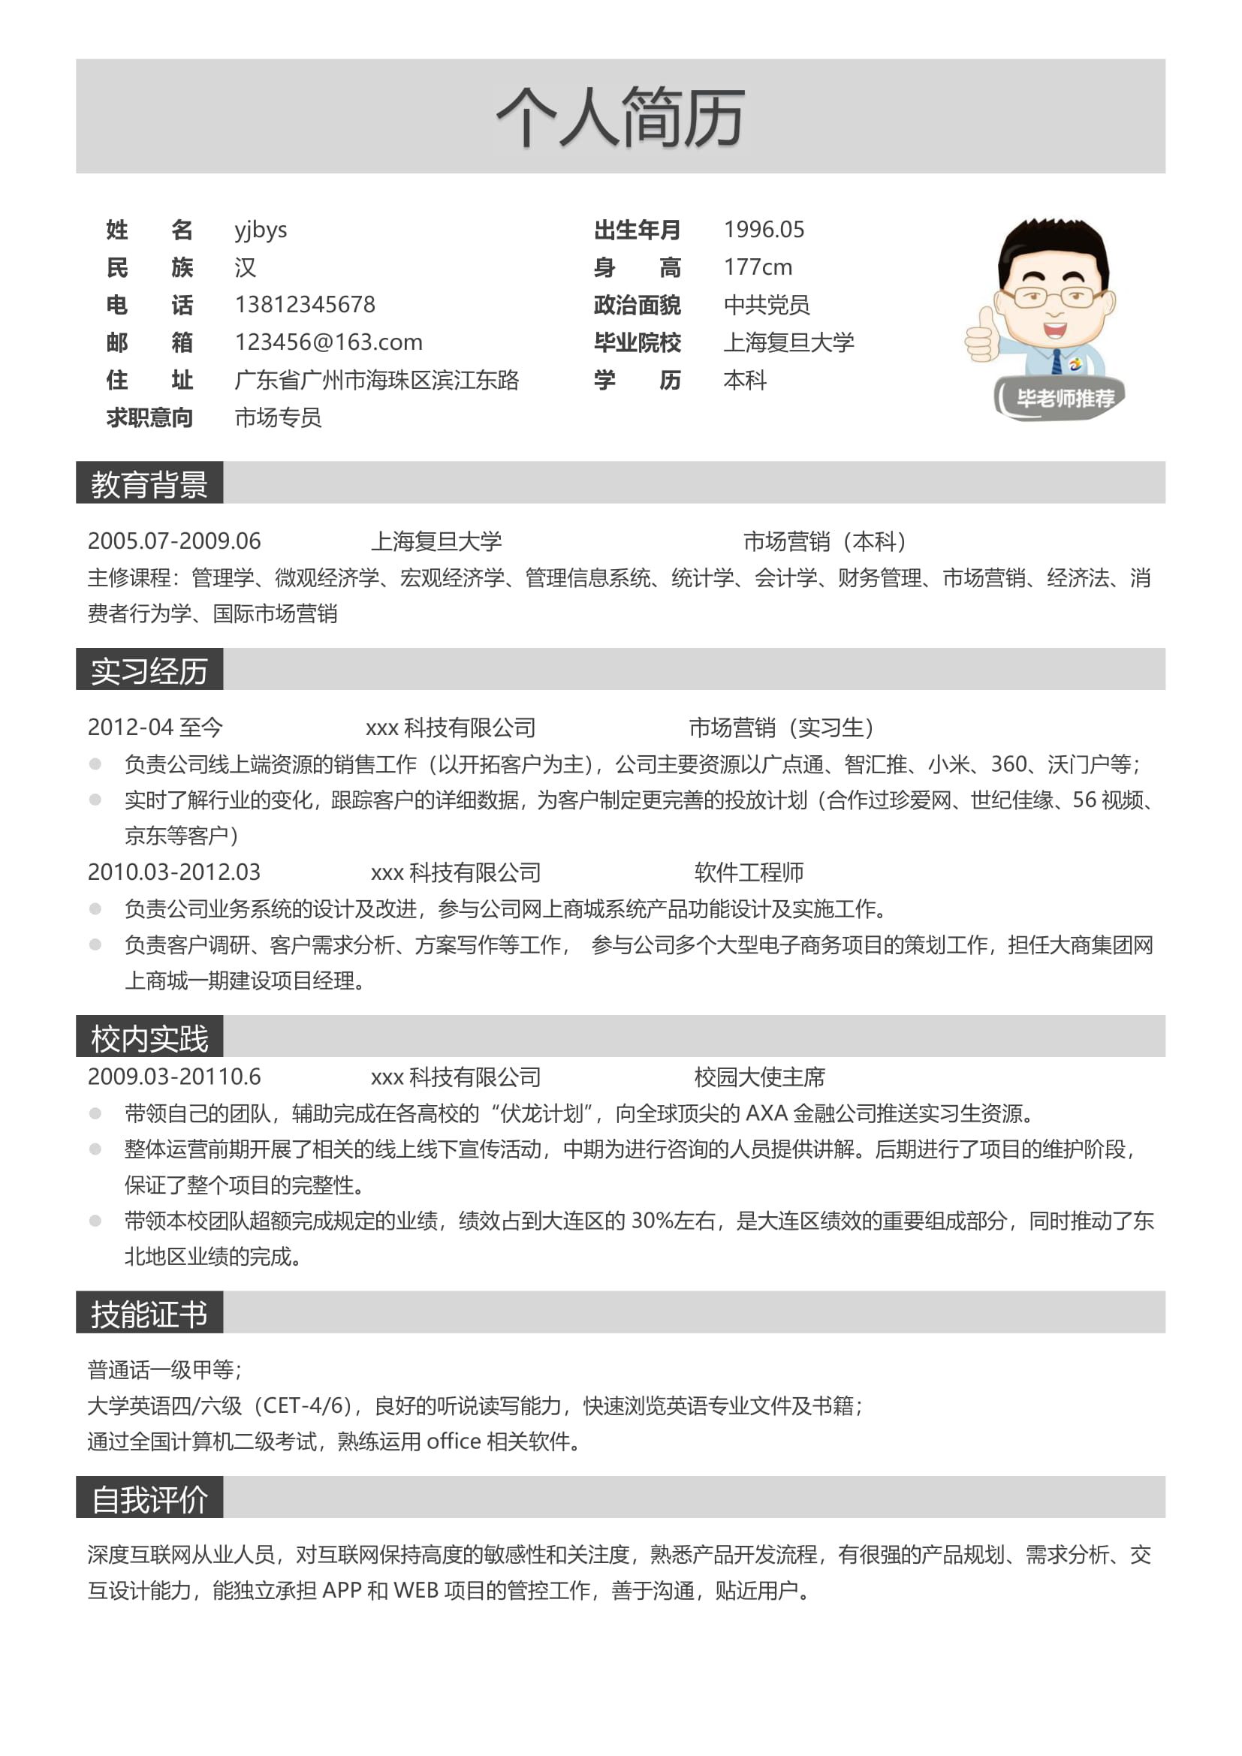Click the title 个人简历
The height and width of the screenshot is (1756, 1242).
pos(620,117)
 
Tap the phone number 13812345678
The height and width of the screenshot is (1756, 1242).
pos(304,304)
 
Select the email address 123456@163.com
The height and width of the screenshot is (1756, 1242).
pos(328,342)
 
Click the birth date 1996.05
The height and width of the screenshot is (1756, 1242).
pos(763,230)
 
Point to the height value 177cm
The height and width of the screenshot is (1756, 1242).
pos(757,267)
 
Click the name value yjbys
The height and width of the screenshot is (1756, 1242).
pos(261,230)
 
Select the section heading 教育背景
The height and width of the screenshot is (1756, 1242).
pos(149,484)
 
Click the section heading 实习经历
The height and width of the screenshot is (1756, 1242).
pos(149,670)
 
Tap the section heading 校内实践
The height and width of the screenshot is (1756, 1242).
pos(149,1038)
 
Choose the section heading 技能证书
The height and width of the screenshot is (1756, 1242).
pos(149,1314)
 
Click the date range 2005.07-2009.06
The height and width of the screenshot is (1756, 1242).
pos(174,541)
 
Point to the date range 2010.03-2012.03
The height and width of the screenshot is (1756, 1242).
pos(174,872)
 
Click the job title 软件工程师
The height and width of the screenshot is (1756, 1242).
pos(749,872)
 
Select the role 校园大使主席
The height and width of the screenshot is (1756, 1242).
pos(759,1077)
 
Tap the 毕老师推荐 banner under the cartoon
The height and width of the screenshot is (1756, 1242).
pos(1064,399)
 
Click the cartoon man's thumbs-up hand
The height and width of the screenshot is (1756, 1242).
pos(982,336)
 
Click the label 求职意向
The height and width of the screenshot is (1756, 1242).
pos(150,417)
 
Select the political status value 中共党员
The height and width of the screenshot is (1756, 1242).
pos(767,304)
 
